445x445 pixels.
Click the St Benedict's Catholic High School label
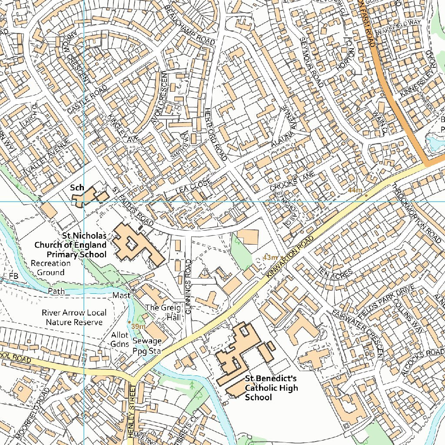click(271, 388)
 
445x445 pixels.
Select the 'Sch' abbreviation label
click(77, 188)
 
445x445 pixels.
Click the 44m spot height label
click(355, 190)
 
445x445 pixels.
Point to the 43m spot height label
click(270, 258)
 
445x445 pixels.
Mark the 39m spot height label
click(139, 326)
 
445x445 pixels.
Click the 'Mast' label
click(121, 296)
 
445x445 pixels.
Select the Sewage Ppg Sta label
click(147, 346)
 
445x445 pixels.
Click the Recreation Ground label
click(50, 268)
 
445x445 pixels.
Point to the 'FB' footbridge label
click(13, 277)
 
